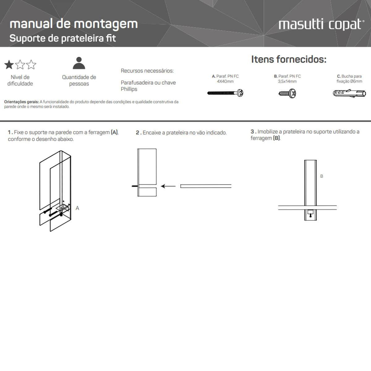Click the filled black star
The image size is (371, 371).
[x=9, y=65]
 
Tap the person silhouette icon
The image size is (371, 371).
[x=79, y=63]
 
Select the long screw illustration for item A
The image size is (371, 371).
[x=225, y=93]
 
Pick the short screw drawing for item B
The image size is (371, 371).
[x=287, y=93]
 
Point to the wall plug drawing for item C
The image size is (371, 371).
[x=349, y=93]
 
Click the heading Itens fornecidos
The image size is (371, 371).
[x=288, y=59]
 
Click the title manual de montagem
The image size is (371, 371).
[x=74, y=24]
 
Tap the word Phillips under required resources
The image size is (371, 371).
[x=129, y=89]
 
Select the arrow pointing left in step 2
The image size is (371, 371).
[x=168, y=186]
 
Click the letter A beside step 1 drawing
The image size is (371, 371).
[x=77, y=208]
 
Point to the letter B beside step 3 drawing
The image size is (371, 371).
[x=322, y=176]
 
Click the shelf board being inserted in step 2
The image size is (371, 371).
[x=206, y=186]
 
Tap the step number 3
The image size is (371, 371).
[x=252, y=132]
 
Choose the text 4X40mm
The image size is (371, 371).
[x=225, y=82]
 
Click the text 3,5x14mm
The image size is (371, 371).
[x=287, y=82]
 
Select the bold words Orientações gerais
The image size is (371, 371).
[x=21, y=102]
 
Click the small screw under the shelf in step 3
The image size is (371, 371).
[x=310, y=214]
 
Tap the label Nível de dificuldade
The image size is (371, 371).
[x=20, y=80]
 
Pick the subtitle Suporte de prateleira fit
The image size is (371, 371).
[x=62, y=38]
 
